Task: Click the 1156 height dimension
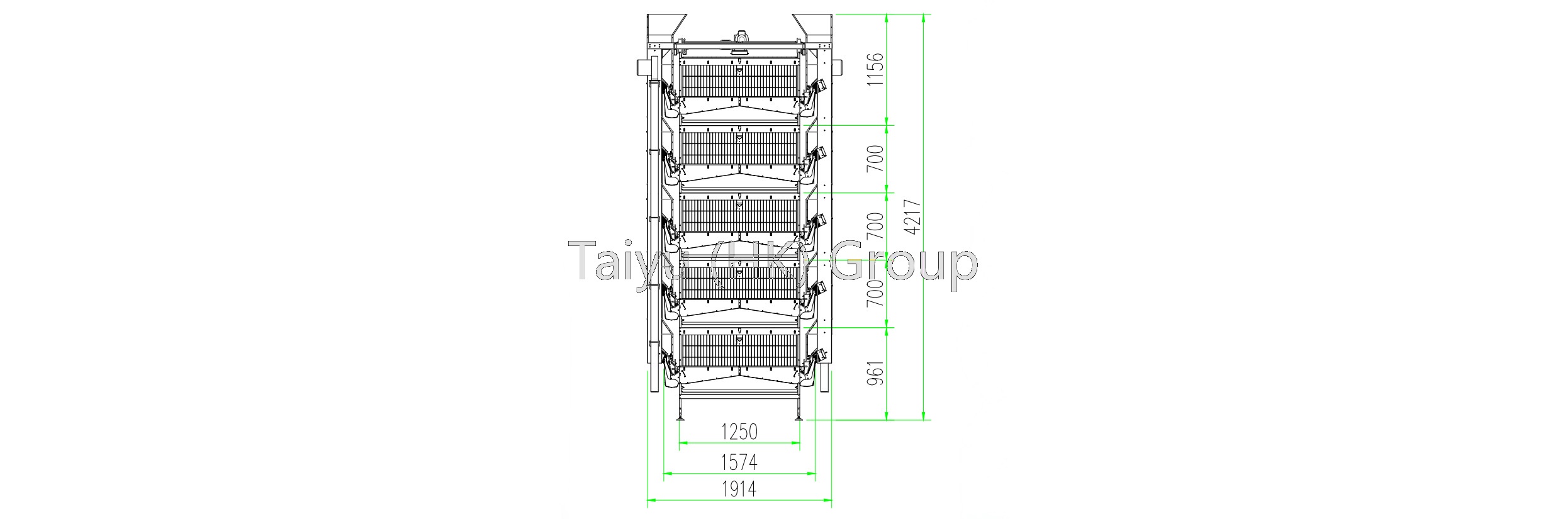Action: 875,69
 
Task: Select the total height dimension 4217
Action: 914,216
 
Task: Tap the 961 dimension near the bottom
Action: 875,373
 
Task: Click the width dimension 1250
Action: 739,432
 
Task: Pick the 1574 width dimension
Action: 739,462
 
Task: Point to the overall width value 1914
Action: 739,489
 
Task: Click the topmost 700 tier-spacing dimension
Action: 875,158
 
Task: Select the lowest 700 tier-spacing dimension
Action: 875,293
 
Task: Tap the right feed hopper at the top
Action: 813,28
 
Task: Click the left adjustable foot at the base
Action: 680,416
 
